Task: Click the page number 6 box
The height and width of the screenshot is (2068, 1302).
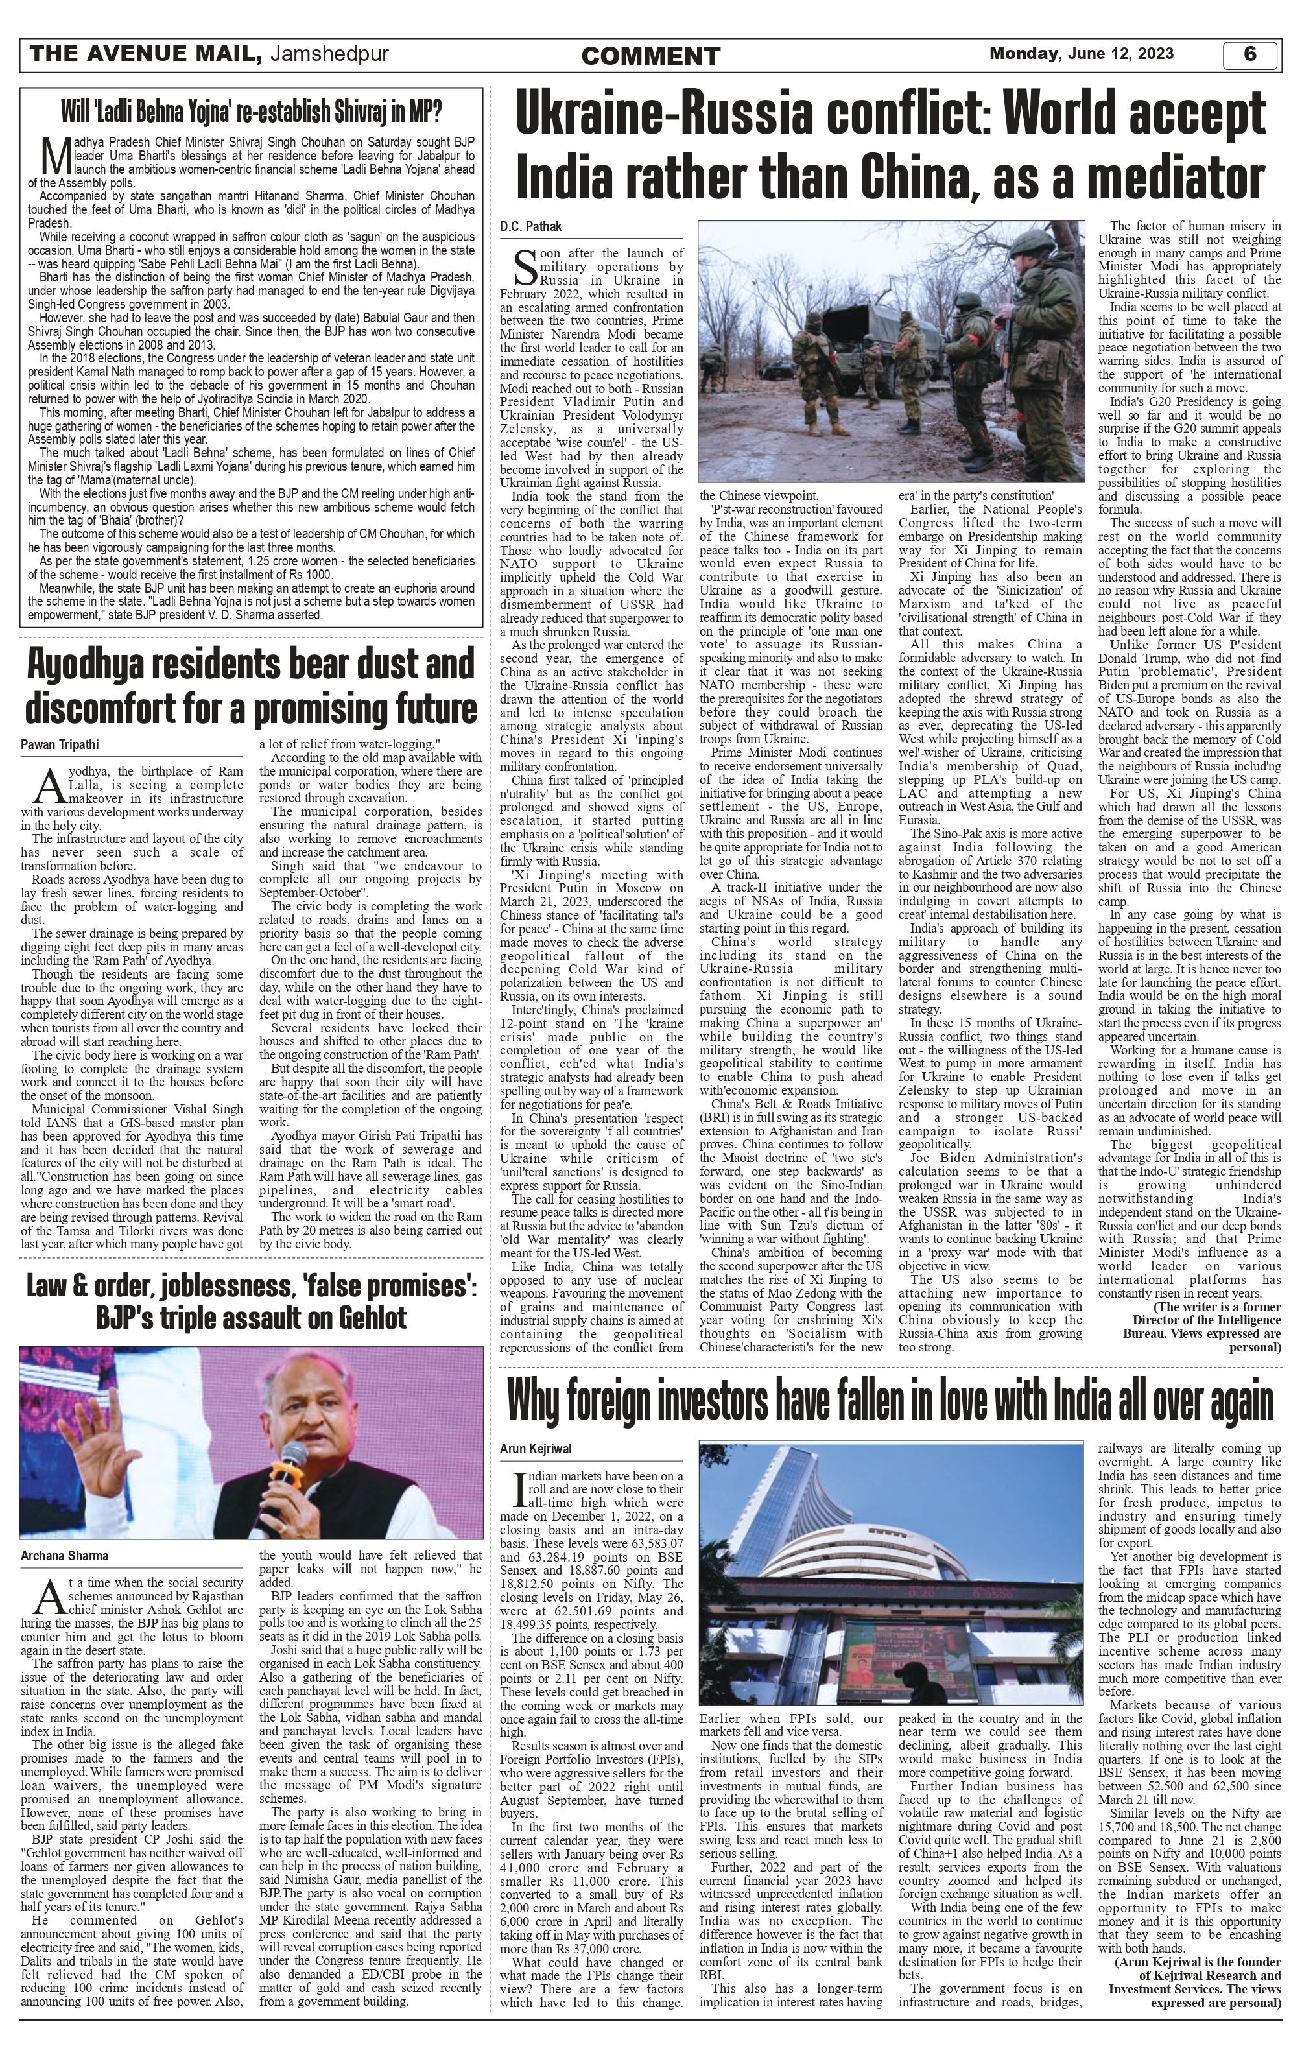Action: [1249, 54]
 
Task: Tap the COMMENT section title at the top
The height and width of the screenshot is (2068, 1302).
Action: [650, 56]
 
